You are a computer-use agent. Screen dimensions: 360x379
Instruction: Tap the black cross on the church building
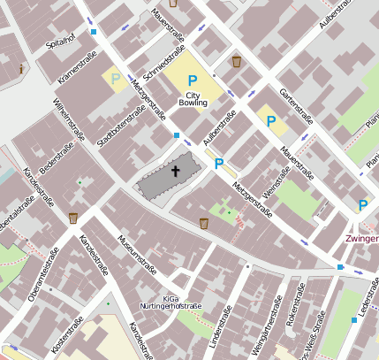click(175, 171)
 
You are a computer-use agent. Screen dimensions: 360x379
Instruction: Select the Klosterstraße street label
click(68, 337)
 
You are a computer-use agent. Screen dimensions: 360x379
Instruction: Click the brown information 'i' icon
click(20, 67)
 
